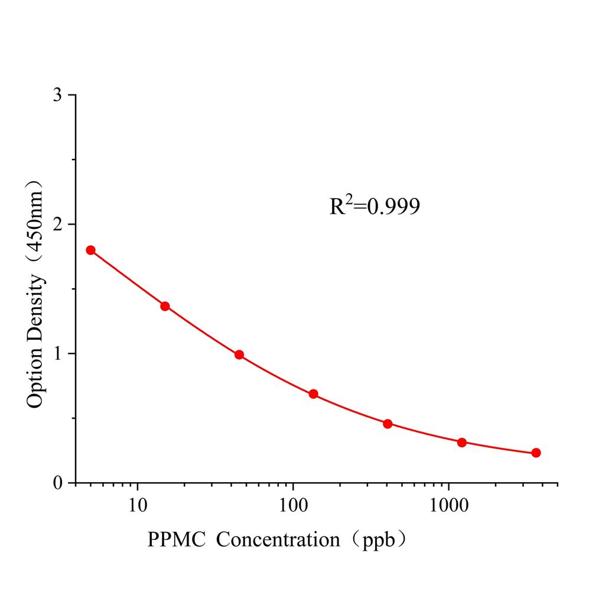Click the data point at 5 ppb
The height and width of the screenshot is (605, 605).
pos(90,250)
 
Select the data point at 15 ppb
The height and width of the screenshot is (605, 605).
pos(165,306)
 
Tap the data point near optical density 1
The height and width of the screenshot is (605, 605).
pos(239,354)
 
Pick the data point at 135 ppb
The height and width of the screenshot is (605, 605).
pos(313,394)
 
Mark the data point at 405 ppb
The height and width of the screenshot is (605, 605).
pos(388,424)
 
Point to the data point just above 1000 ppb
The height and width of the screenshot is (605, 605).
pos(462,443)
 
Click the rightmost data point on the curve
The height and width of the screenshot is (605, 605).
pos(536,453)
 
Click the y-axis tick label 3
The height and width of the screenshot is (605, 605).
pos(57,96)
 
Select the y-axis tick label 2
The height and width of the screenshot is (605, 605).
pos(57,225)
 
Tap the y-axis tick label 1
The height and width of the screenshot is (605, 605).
pos(57,354)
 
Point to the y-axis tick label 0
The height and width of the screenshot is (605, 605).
pos(57,483)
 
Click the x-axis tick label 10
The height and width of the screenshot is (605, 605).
pos(138,504)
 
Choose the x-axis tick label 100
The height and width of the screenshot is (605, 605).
pos(293,504)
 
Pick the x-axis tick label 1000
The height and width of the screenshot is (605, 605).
pos(448,504)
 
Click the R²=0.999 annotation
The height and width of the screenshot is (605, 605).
pos(375,206)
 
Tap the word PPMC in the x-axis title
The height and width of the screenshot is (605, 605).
pos(175,539)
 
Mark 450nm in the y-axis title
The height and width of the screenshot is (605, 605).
pos(35,213)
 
